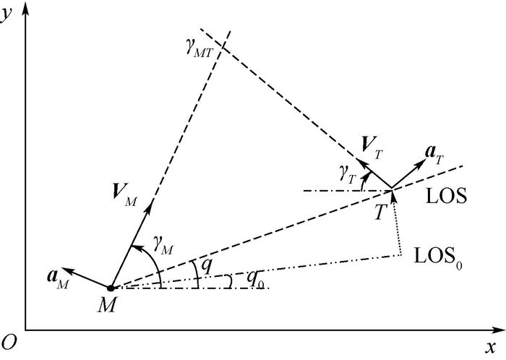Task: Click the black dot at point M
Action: pos(111,288)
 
